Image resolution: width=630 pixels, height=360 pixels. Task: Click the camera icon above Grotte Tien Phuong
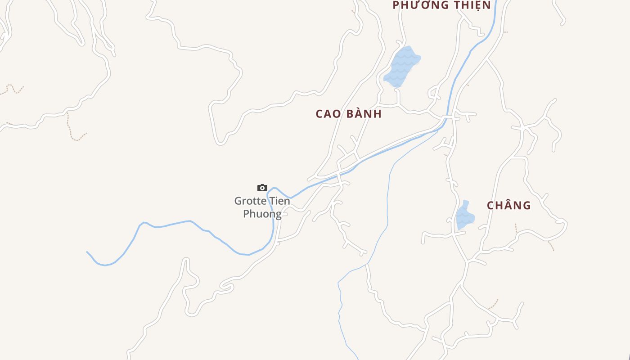pyautogui.click(x=262, y=188)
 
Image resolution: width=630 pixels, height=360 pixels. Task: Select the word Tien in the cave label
pyautogui.click(x=279, y=201)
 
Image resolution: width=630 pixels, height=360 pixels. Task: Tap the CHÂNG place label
pyautogui.click(x=508, y=206)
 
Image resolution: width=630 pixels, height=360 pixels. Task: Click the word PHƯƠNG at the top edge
pyautogui.click(x=421, y=5)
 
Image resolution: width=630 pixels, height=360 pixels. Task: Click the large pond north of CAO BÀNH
pyautogui.click(x=401, y=67)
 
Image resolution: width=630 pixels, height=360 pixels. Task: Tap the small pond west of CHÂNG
pyautogui.click(x=464, y=216)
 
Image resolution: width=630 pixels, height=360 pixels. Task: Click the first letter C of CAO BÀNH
pyautogui.click(x=319, y=114)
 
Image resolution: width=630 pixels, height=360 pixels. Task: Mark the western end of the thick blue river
pyautogui.click(x=87, y=252)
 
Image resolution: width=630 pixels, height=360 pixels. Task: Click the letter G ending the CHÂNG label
pyautogui.click(x=526, y=206)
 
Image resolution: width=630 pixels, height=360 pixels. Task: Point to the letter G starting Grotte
pyautogui.click(x=238, y=201)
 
